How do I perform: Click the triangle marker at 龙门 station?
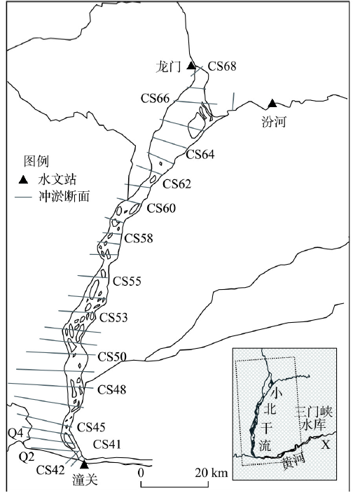tap(191, 66)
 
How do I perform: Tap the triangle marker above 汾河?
tap(272, 103)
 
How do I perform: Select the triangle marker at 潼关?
tap(84, 464)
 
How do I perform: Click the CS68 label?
tap(222, 66)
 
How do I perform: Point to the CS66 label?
tap(155, 99)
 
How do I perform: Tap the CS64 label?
tap(200, 154)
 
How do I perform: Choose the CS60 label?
tap(161, 208)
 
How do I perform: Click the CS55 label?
tap(127, 281)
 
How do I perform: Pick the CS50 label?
tap(112, 357)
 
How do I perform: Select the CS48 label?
tap(111, 389)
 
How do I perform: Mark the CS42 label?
tap(50, 470)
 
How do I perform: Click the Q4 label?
tap(15, 433)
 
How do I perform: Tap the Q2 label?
tap(26, 457)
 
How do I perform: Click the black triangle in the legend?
tap(24, 180)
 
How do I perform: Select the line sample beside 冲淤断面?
tap(23, 197)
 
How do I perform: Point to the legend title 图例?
tap(36, 161)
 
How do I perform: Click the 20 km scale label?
tap(211, 473)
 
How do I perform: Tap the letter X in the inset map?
tap(326, 445)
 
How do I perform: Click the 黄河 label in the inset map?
tap(293, 462)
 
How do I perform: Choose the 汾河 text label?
tap(274, 121)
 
